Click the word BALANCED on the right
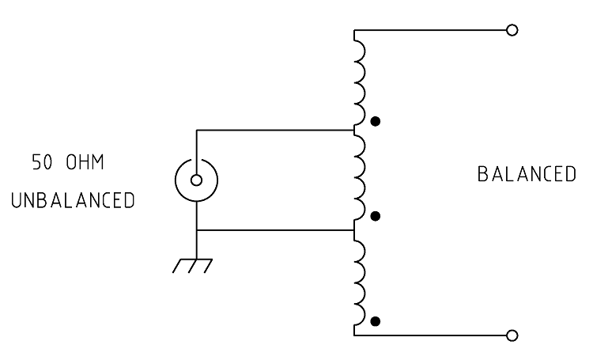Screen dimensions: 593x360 coord(527,174)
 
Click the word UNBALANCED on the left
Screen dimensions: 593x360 coord(73,200)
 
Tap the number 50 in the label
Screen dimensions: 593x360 coord(42,162)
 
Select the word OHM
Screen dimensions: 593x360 coord(85,162)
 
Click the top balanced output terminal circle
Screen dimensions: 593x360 coord(512,30)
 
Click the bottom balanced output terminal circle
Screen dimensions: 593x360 coord(512,335)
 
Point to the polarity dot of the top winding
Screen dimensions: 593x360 coord(375,122)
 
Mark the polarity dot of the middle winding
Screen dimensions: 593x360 coord(375,216)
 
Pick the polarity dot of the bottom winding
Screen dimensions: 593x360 coord(375,321)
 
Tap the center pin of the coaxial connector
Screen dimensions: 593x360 coord(196,180)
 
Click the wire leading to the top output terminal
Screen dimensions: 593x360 coord(430,30)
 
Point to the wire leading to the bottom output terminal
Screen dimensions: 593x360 coord(430,335)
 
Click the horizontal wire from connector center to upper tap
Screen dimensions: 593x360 coord(275,131)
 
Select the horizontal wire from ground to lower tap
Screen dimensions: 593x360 coord(275,229)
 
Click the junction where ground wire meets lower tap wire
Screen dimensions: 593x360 coord(197,229)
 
